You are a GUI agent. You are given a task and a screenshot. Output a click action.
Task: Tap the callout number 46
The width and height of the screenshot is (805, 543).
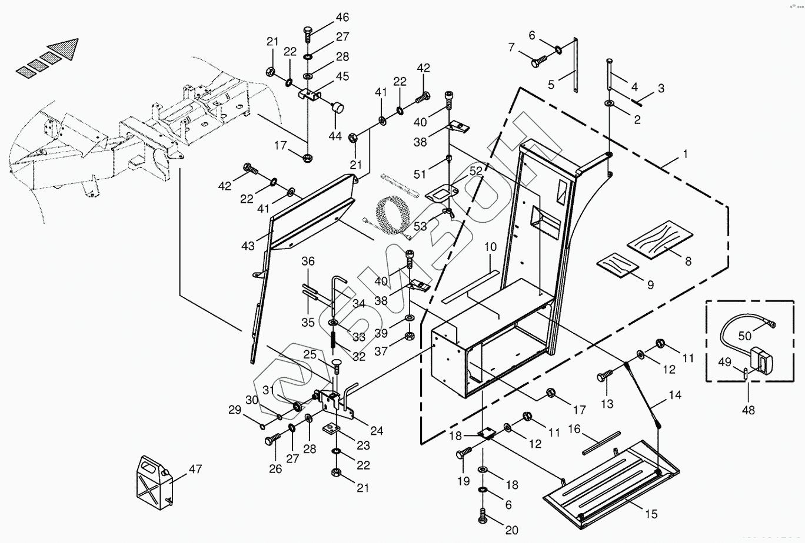pyautogui.click(x=342, y=16)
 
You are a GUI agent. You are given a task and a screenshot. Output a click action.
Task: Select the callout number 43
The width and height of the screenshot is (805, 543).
pyautogui.click(x=248, y=245)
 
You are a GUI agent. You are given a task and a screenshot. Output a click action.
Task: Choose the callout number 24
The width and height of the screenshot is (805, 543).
pyautogui.click(x=377, y=431)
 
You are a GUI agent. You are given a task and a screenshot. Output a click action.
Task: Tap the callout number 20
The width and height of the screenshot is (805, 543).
pyautogui.click(x=511, y=530)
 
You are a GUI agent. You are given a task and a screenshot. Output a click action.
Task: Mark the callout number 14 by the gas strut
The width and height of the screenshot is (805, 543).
pyautogui.click(x=674, y=395)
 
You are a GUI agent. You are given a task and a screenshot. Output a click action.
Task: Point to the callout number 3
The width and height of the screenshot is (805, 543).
pyautogui.click(x=661, y=89)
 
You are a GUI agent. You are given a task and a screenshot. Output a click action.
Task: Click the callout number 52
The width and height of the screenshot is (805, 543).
pyautogui.click(x=475, y=170)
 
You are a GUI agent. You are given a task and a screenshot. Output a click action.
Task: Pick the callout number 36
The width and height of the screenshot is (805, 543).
pyautogui.click(x=309, y=262)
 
